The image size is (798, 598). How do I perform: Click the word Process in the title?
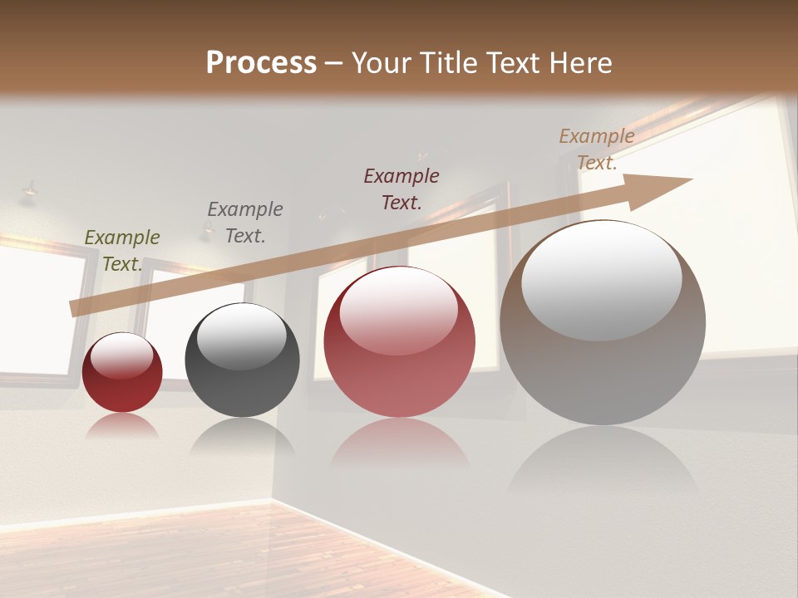tap(261, 63)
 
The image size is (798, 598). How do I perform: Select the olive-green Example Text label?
tap(122, 251)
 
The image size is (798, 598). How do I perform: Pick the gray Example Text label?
tap(244, 223)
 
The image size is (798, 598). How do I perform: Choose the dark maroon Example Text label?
tap(401, 189)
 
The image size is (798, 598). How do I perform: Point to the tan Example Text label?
tap(596, 149)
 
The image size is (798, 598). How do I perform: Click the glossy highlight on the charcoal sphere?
tap(242, 336)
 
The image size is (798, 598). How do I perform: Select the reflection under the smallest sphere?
tap(122, 425)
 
